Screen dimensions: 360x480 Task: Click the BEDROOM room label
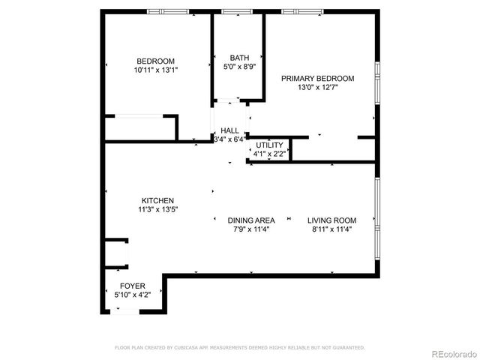pyautogui.click(x=155, y=61)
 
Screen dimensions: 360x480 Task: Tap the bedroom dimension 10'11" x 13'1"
pyautogui.click(x=155, y=70)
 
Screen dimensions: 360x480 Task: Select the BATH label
pyautogui.click(x=239, y=58)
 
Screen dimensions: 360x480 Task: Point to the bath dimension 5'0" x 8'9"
pyautogui.click(x=239, y=66)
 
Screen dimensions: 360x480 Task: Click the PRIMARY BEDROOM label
pyautogui.click(x=317, y=78)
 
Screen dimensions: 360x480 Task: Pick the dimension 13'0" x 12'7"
pyautogui.click(x=317, y=86)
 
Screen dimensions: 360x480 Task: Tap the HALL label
pyautogui.click(x=229, y=130)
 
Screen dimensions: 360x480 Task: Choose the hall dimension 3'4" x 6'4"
pyautogui.click(x=229, y=139)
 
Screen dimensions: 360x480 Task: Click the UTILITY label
pyautogui.click(x=269, y=145)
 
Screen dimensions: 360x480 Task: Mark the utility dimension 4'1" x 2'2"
pyautogui.click(x=269, y=154)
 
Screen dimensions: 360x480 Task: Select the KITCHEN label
pyautogui.click(x=157, y=200)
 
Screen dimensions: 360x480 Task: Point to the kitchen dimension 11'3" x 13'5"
pyautogui.click(x=157, y=209)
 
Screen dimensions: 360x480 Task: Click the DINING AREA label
pyautogui.click(x=251, y=220)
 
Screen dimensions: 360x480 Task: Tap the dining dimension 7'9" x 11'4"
pyautogui.click(x=251, y=229)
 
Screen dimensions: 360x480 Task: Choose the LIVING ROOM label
pyautogui.click(x=331, y=220)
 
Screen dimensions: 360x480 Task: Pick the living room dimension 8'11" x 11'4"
pyautogui.click(x=331, y=229)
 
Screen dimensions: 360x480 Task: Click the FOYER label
pyautogui.click(x=133, y=286)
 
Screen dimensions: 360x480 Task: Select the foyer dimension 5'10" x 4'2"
pyautogui.click(x=133, y=295)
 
